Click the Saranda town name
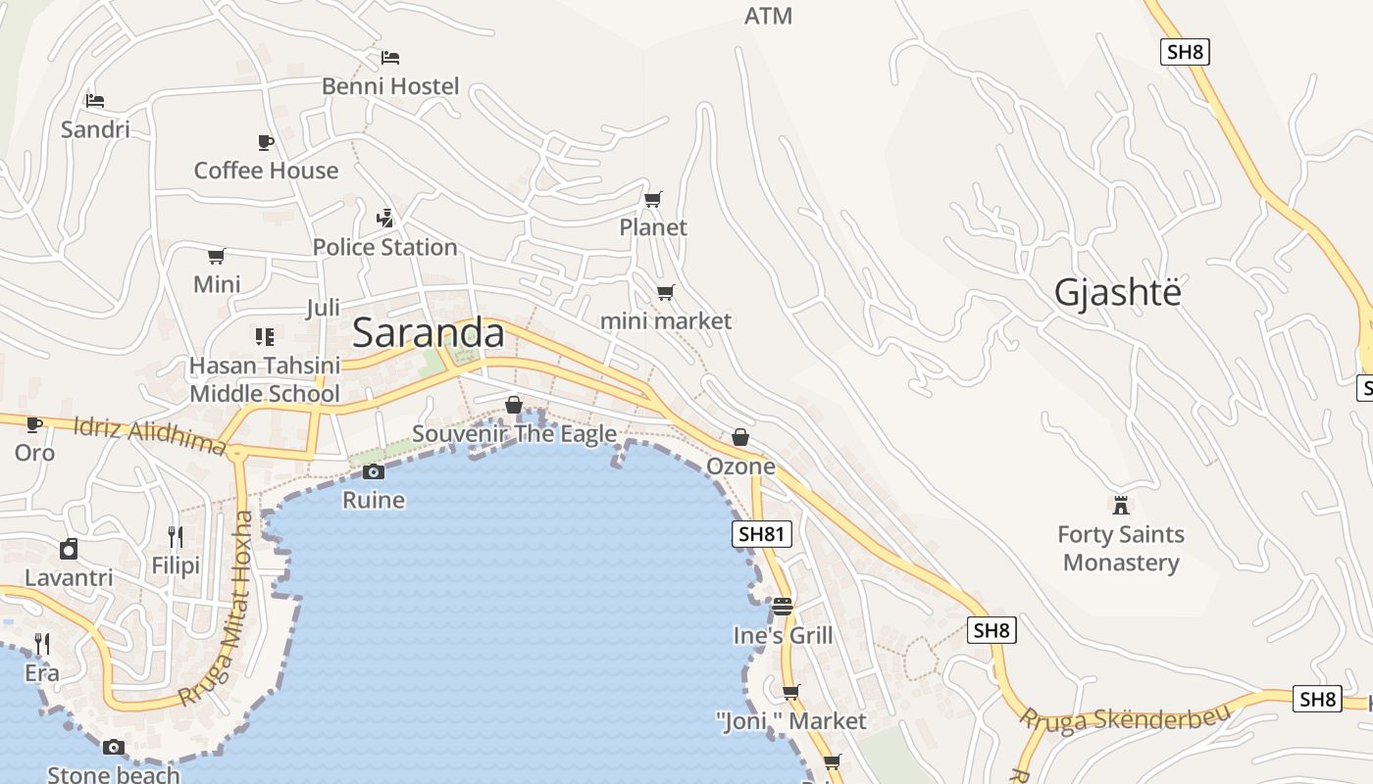(x=429, y=333)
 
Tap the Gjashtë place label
(x=1118, y=292)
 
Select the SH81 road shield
(x=762, y=534)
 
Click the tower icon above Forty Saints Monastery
(x=1121, y=505)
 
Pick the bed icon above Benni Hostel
(x=390, y=58)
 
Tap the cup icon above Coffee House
(x=266, y=143)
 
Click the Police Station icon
(x=385, y=218)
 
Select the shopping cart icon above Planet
(x=653, y=200)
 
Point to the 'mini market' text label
(x=666, y=320)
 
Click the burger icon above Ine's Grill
(x=782, y=607)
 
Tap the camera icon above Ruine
(x=373, y=472)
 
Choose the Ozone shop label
(x=740, y=466)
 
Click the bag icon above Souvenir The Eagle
(x=513, y=405)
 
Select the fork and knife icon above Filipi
(x=176, y=536)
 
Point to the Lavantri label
(x=69, y=577)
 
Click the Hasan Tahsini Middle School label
(x=265, y=379)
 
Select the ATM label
(x=768, y=16)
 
